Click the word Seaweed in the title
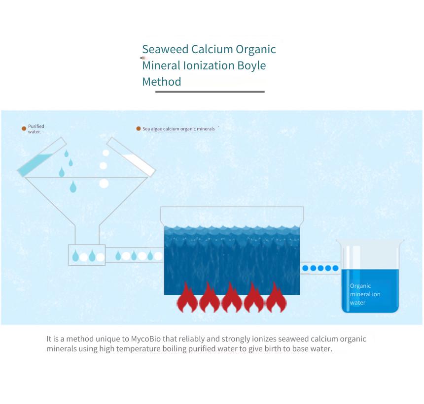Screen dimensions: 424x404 (x=165, y=49)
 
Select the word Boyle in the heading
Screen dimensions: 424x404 (x=252, y=66)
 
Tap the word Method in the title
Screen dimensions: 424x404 (x=162, y=82)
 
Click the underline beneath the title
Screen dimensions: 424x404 (x=210, y=92)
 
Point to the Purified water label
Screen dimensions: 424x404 (x=36, y=129)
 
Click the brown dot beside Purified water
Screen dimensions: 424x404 (x=24, y=128)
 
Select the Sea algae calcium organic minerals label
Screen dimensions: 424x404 (x=178, y=129)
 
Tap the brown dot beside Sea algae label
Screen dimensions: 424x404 (x=139, y=128)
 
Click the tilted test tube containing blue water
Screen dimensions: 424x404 (x=42, y=157)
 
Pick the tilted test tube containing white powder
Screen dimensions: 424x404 (x=131, y=157)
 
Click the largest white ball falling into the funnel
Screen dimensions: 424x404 (x=104, y=184)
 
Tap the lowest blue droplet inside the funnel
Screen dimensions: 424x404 (x=73, y=187)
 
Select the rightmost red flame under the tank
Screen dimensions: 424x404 (x=276, y=297)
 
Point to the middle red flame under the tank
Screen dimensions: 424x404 (x=231, y=297)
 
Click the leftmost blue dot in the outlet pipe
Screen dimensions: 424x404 (x=305, y=268)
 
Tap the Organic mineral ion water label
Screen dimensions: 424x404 (x=365, y=294)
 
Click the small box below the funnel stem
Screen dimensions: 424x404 (x=87, y=255)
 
